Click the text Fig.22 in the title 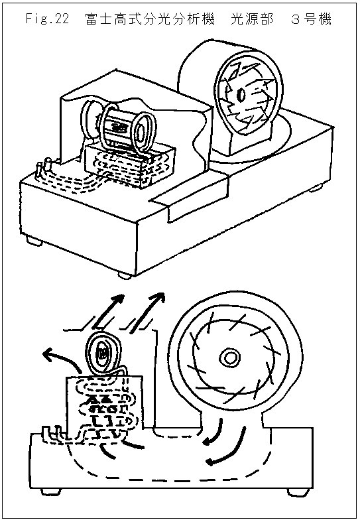click(x=47, y=19)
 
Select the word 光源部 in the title click(x=252, y=19)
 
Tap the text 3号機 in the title click(x=311, y=19)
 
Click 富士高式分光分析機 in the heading click(x=150, y=19)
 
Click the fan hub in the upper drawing click(x=241, y=95)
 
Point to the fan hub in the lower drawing click(x=229, y=358)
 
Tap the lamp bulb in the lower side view click(x=102, y=354)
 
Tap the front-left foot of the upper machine click(x=33, y=240)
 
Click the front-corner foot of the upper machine click(x=125, y=275)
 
